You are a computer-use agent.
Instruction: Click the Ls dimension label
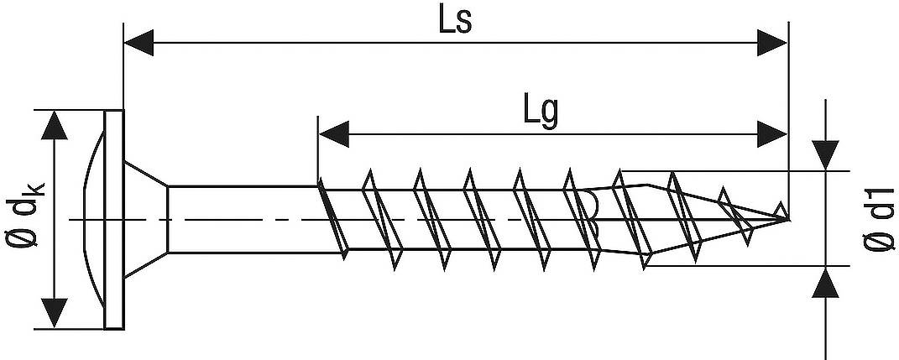(454, 20)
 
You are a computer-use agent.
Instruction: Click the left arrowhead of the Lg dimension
(333, 133)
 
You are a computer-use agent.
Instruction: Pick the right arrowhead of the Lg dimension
(772, 133)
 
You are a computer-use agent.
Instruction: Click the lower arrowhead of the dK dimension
(55, 312)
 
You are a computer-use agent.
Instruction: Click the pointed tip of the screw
(787, 219)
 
